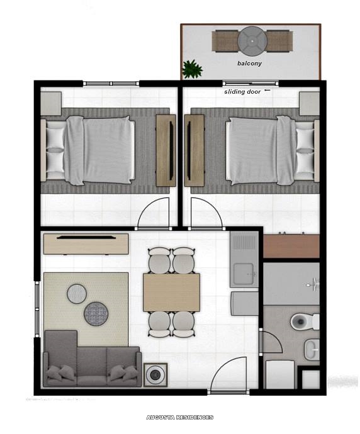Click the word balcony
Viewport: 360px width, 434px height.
(250, 64)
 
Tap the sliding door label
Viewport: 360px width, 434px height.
(242, 92)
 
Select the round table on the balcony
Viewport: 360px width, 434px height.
(252, 41)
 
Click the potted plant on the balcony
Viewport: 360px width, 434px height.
(192, 69)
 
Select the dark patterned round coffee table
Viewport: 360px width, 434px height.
(97, 313)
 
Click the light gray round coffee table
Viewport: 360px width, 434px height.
(77, 293)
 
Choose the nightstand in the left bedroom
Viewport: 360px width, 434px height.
(51, 103)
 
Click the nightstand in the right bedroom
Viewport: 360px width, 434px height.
(309, 103)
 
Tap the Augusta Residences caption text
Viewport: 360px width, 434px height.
(179, 418)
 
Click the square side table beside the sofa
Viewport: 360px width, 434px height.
(155, 375)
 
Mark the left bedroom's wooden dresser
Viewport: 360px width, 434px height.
(166, 150)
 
